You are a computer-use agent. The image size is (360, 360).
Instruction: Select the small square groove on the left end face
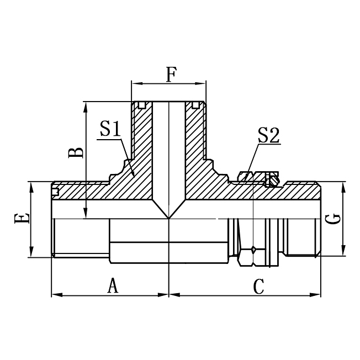55,192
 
